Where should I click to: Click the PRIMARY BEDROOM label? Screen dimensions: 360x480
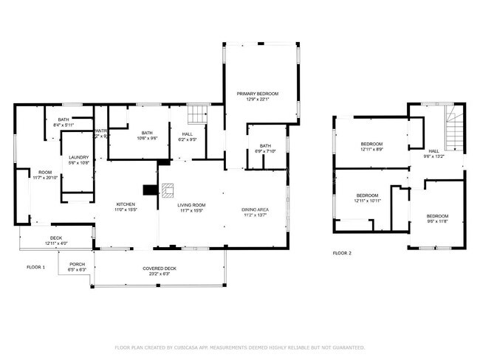coord(257,94)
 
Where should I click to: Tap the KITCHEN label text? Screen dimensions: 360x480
coord(126,204)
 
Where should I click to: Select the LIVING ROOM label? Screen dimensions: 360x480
coord(192,204)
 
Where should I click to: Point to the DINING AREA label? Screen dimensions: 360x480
coord(255,210)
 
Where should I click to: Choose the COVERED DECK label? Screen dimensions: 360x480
coord(159,268)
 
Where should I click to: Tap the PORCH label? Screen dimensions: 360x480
coord(78,264)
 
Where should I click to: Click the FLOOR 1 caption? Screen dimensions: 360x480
coord(35,266)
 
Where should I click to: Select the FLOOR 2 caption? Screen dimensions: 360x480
coord(341,252)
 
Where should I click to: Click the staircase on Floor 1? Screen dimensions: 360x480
coord(197,114)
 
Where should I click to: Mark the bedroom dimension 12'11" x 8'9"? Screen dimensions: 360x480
coord(371,149)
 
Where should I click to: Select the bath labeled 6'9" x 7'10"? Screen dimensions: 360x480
coord(265,151)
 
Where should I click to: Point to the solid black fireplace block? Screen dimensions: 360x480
coord(151,190)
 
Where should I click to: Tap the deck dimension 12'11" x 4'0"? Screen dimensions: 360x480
coord(56,243)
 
